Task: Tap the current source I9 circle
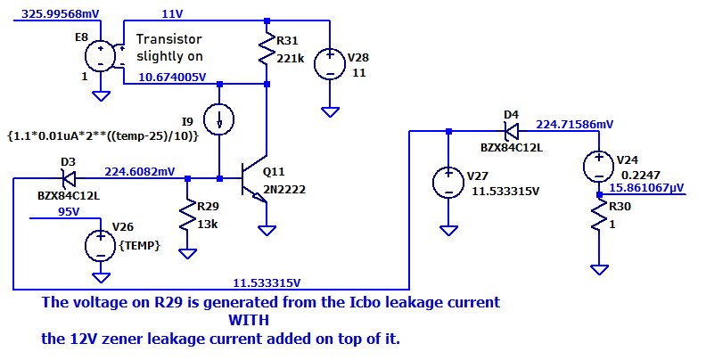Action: pos(218,119)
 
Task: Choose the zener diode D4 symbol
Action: pos(510,131)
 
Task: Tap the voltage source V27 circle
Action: pos(447,184)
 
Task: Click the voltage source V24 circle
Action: pos(598,166)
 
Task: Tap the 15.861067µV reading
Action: pos(646,189)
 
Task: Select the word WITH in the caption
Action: pos(248,320)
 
